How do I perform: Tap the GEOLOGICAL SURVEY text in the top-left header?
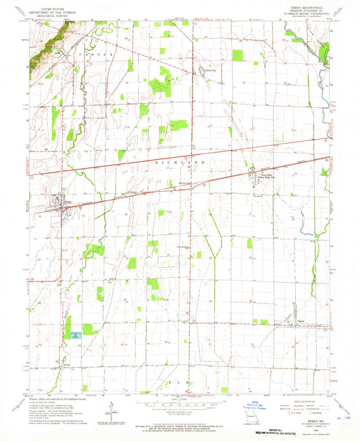point(53,13)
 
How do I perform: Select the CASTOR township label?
point(90,52)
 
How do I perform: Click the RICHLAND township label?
point(177,163)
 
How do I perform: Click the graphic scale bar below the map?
point(179,407)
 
